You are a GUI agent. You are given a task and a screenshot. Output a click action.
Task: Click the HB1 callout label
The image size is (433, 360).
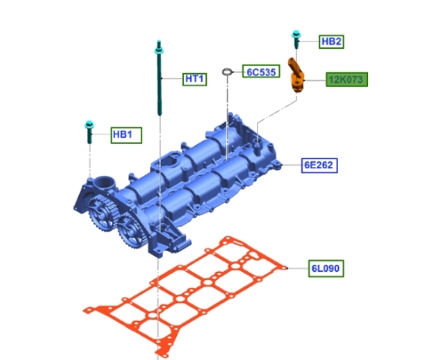pyautogui.click(x=126, y=135)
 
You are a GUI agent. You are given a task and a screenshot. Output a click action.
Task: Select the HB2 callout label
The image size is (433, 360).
pyautogui.click(x=332, y=42)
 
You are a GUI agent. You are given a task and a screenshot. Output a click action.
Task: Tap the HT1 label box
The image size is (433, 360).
pyautogui.click(x=195, y=79)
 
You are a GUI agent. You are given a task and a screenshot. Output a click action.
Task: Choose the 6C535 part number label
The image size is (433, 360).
pyautogui.click(x=261, y=71)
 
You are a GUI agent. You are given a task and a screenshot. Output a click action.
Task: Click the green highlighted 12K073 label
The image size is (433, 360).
pyautogui.click(x=347, y=79)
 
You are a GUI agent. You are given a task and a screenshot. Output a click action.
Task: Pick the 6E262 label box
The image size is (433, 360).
pyautogui.click(x=319, y=165)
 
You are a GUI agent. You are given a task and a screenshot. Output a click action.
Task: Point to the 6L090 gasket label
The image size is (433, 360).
pyautogui.click(x=326, y=268)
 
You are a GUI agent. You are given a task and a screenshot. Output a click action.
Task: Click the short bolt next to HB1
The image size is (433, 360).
pyautogui.click(x=89, y=132)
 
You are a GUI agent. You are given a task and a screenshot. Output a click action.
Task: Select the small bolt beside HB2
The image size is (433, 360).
pyautogui.click(x=296, y=39)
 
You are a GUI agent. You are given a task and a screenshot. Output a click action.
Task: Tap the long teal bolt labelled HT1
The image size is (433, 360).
pyautogui.click(x=159, y=77)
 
